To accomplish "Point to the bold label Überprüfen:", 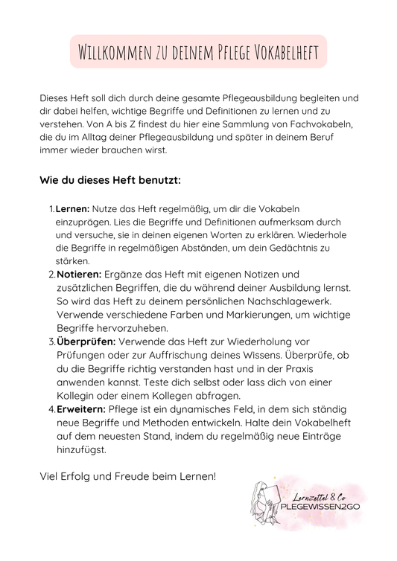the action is (85, 342).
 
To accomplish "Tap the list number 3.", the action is (51, 342).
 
